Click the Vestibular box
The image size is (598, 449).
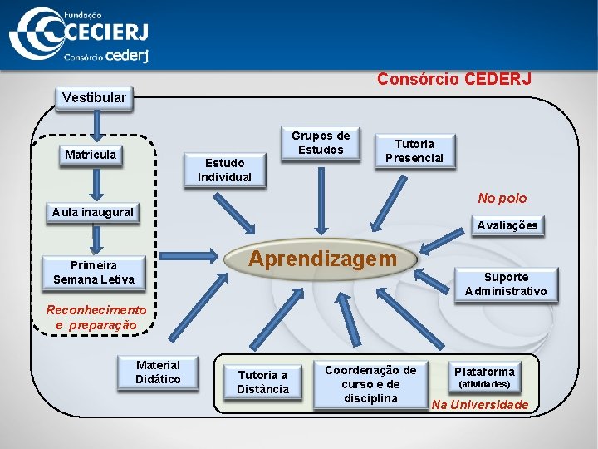click(95, 97)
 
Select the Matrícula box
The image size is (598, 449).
click(91, 155)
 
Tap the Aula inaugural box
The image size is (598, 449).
click(92, 212)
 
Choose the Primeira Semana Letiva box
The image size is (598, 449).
click(94, 273)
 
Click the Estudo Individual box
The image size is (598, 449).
click(224, 170)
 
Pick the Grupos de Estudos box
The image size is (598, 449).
click(321, 142)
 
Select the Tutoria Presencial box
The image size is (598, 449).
click(414, 150)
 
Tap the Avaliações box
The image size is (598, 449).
click(506, 225)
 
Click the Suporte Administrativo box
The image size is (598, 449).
click(506, 284)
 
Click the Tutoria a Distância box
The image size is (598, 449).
click(262, 382)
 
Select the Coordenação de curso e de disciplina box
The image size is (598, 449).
click(370, 384)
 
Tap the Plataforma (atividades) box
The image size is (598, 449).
click(484, 377)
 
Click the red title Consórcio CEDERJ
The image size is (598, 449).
click(453, 79)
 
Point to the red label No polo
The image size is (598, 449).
click(502, 198)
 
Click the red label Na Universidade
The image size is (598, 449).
click(480, 404)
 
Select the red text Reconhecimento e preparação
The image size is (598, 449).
click(96, 317)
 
